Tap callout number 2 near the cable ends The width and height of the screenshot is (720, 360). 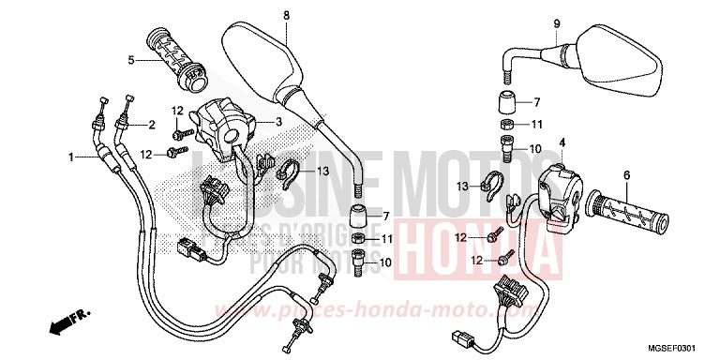[151, 125]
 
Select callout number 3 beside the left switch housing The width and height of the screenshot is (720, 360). [278, 123]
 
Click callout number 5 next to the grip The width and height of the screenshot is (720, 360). [132, 61]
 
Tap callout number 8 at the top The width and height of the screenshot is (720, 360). [287, 15]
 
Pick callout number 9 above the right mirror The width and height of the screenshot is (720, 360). [556, 22]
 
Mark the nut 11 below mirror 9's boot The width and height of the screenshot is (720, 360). [506, 126]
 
